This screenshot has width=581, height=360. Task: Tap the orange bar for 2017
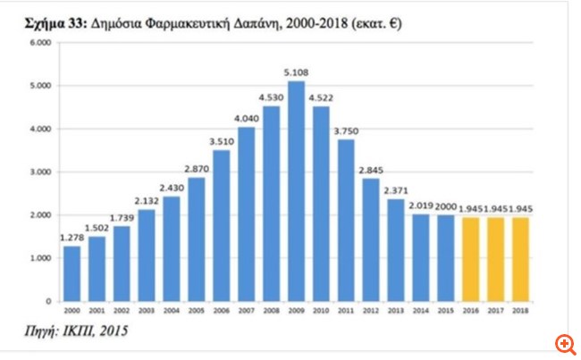495,260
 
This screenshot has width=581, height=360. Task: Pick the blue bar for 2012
369,240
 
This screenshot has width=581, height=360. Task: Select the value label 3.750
345,131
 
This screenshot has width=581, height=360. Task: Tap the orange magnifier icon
564,344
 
